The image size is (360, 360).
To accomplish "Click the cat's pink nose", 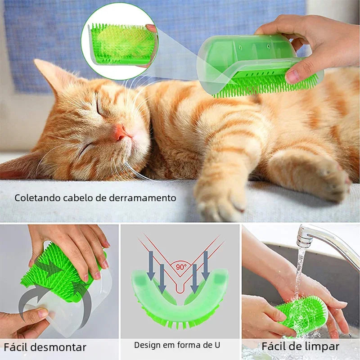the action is pyautogui.click(x=120, y=133).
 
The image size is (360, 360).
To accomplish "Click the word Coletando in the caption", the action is pyautogui.click(x=37, y=198).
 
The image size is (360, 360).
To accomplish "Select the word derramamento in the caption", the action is pyautogui.click(x=142, y=198).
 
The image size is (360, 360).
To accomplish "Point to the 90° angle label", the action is pyautogui.click(x=181, y=267).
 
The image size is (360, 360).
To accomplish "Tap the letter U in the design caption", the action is pyautogui.click(x=217, y=345).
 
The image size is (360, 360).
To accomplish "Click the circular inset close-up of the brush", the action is pyautogui.click(x=120, y=41).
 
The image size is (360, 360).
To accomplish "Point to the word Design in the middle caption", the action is pyautogui.click(x=147, y=345).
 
